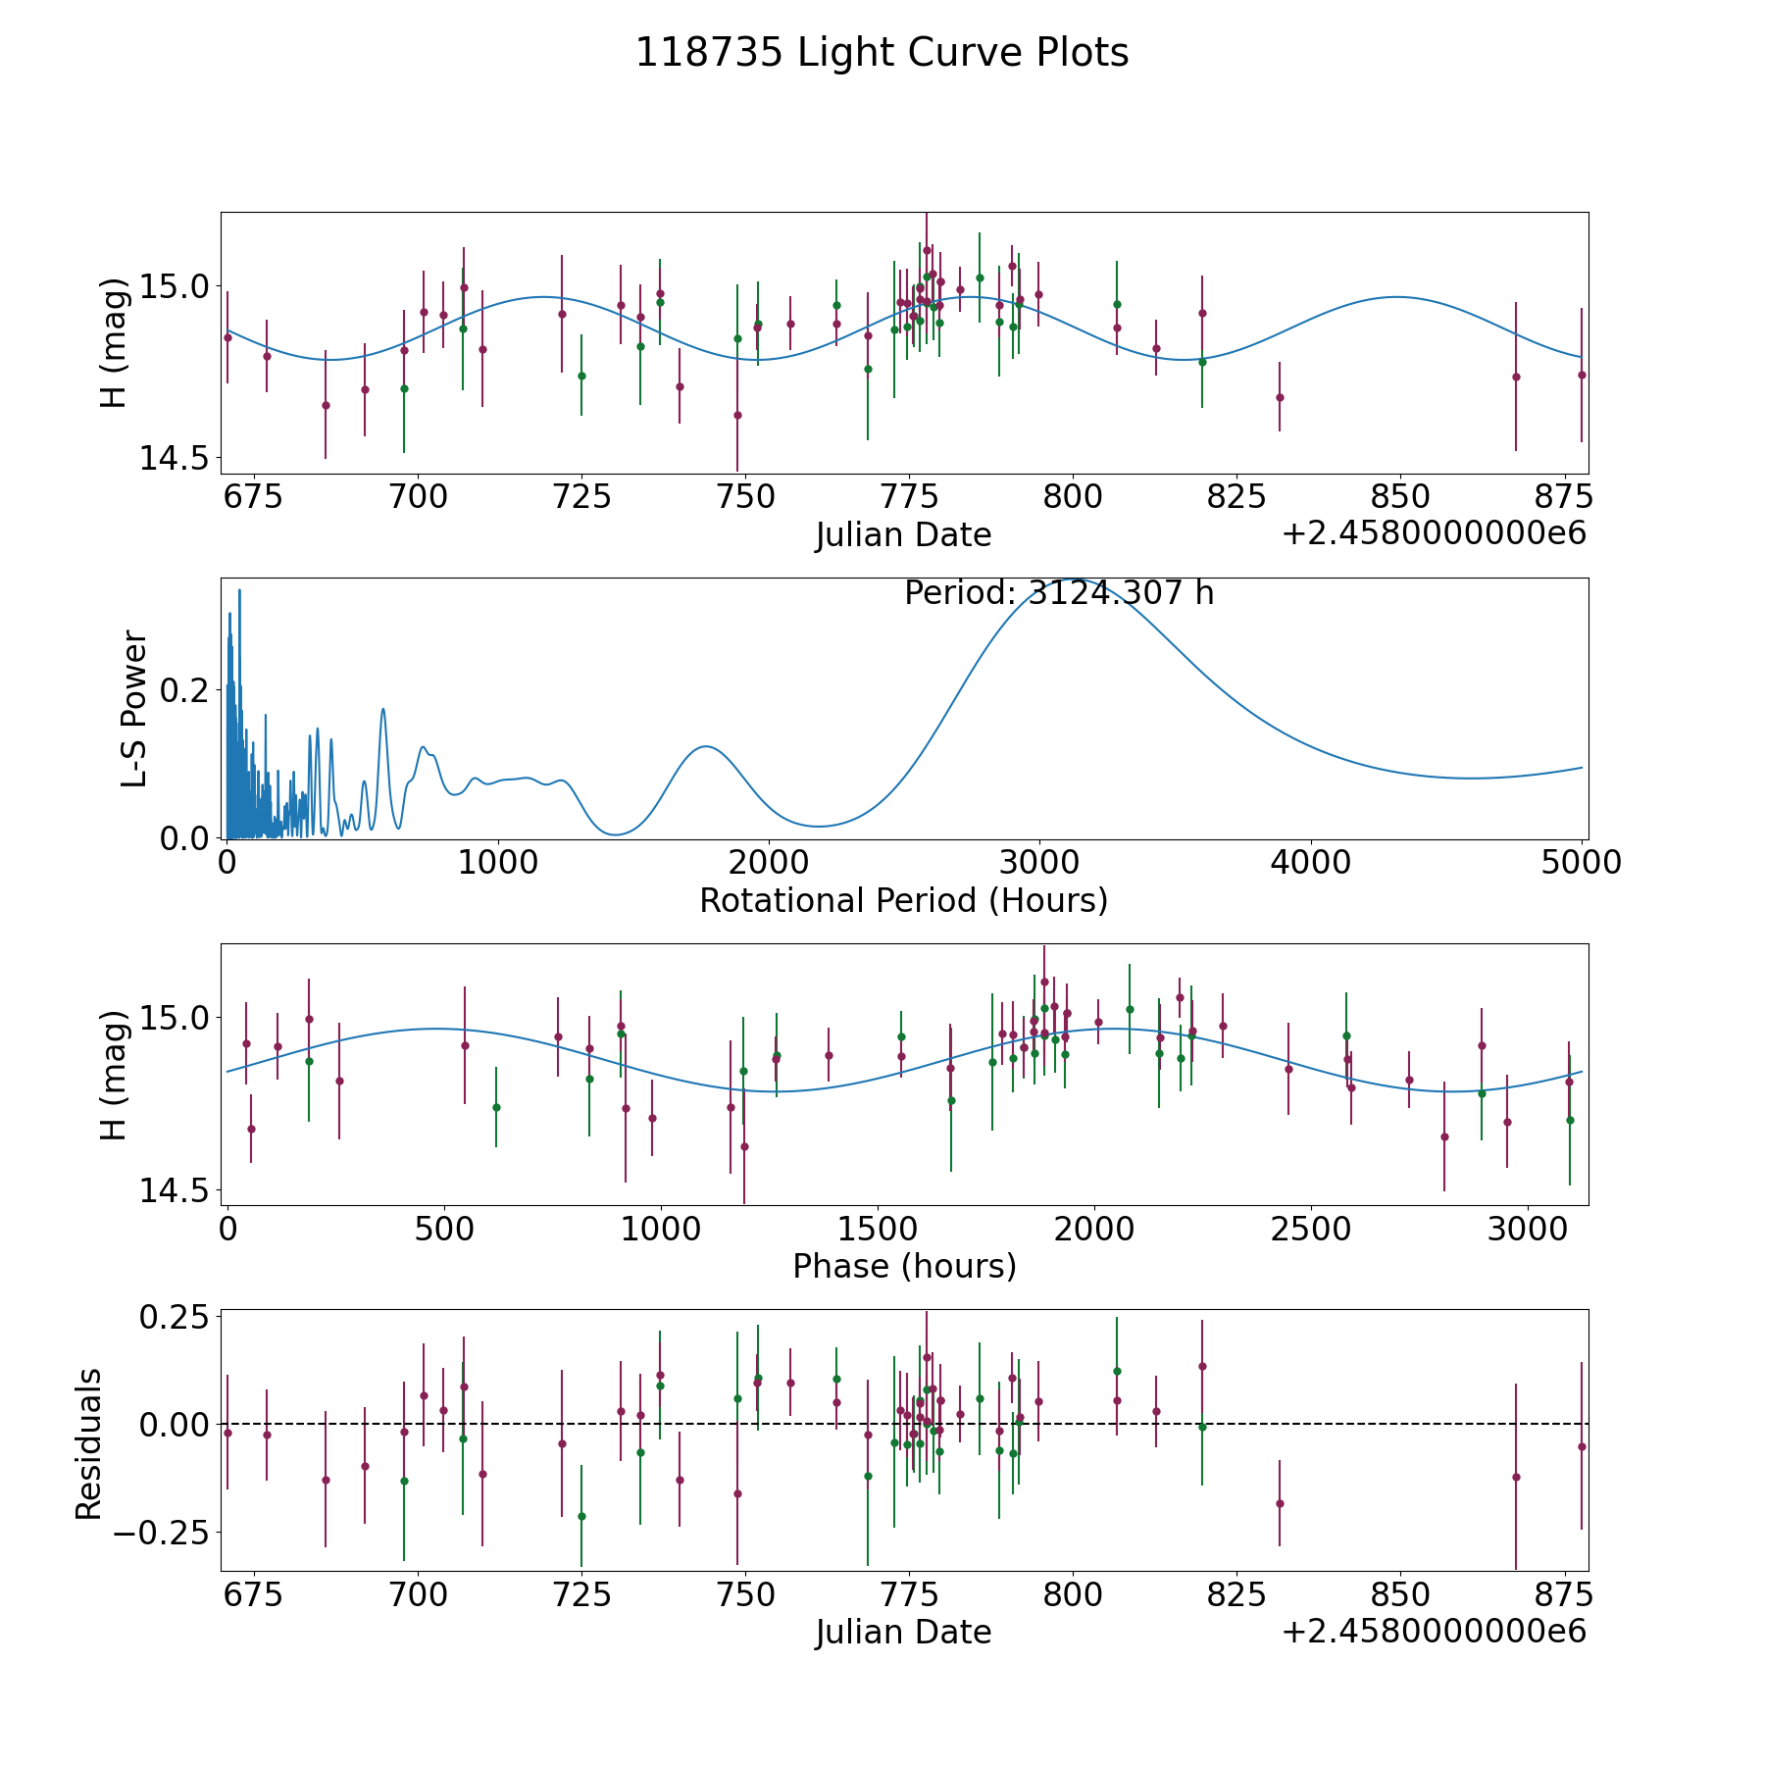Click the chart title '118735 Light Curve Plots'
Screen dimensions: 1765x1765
click(x=882, y=53)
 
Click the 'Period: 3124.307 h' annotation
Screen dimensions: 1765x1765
click(x=1059, y=593)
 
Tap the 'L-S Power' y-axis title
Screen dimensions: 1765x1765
click(x=134, y=708)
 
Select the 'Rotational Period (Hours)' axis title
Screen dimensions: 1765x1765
click(x=903, y=900)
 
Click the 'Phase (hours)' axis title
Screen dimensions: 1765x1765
click(x=904, y=1266)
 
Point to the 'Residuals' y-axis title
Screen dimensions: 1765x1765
click(x=89, y=1443)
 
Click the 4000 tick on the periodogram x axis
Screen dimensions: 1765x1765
click(x=1310, y=863)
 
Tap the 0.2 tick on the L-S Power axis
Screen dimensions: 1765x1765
click(x=184, y=690)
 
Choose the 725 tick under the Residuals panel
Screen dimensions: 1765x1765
click(x=580, y=1594)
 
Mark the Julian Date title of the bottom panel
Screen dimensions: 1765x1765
click(x=903, y=1633)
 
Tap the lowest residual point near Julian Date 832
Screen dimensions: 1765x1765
click(x=1279, y=1503)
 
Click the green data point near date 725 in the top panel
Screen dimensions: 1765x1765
click(x=581, y=376)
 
